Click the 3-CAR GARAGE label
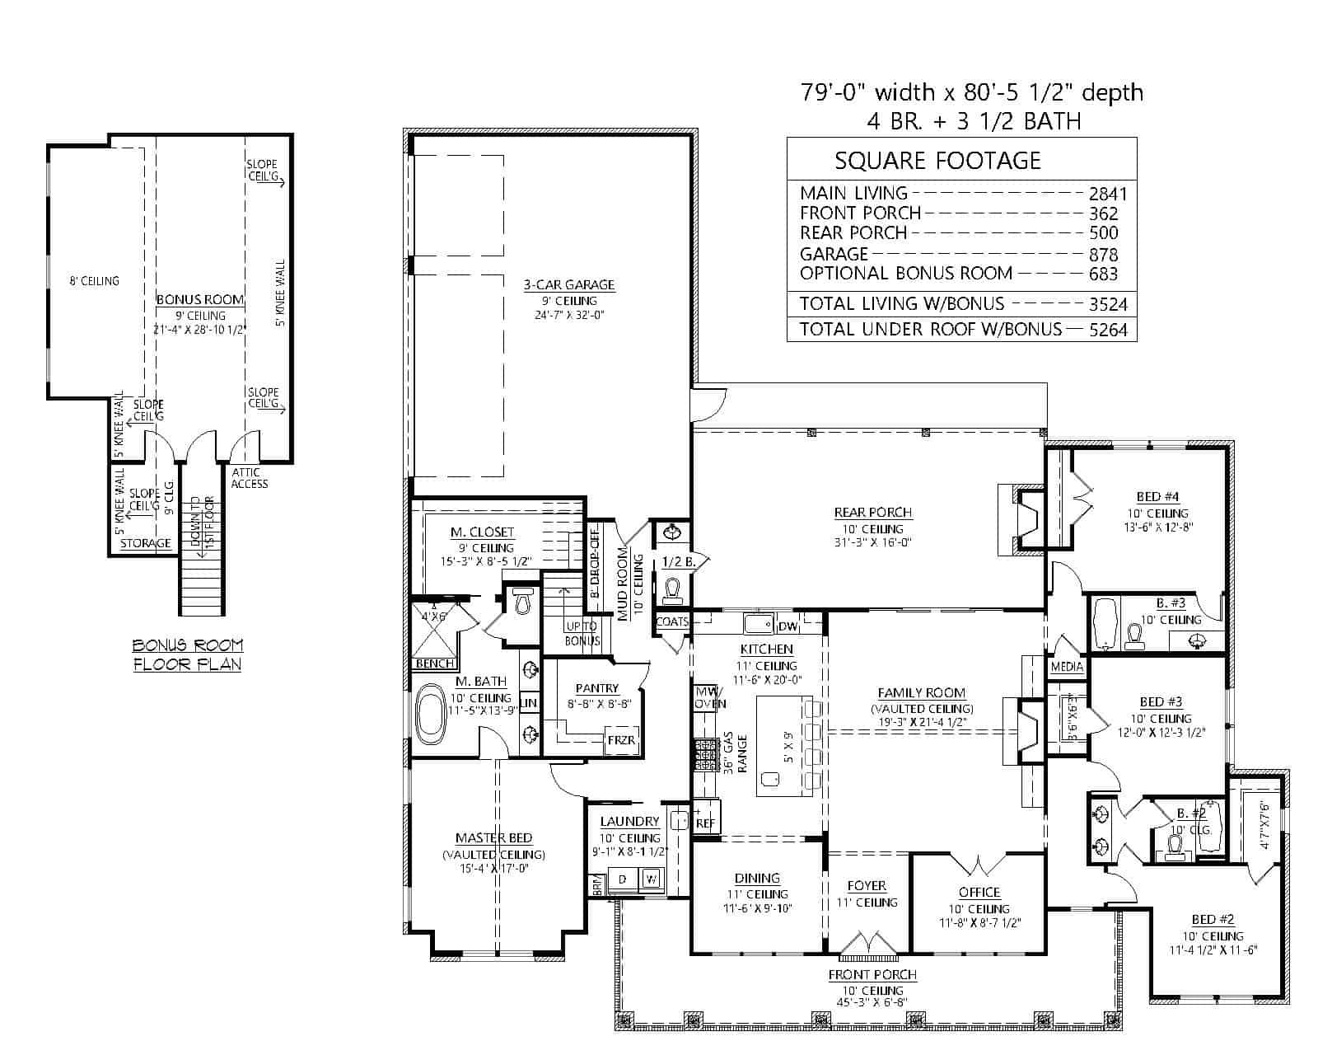click(x=568, y=285)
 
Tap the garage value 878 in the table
click(x=1103, y=255)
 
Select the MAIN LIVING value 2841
click(x=1106, y=195)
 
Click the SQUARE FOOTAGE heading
click(x=937, y=160)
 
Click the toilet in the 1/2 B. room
click(x=673, y=590)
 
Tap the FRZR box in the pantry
click(x=621, y=740)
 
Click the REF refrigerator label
click(x=705, y=823)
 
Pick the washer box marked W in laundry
click(x=651, y=879)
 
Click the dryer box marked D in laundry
click(x=623, y=879)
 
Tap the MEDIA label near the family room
click(x=1067, y=667)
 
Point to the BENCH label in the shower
click(x=434, y=663)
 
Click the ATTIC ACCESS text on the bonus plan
click(x=249, y=478)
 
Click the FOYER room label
click(x=866, y=886)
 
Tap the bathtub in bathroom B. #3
click(x=1105, y=623)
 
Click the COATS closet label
click(x=672, y=622)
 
